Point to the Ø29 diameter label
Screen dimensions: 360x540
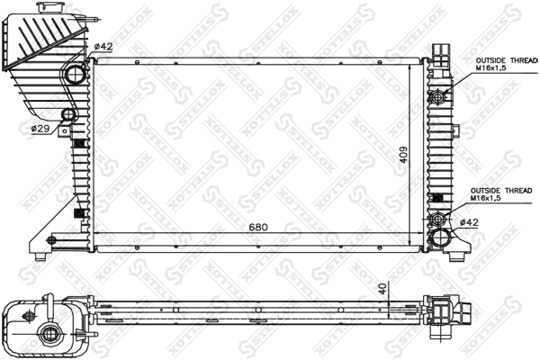click(40, 129)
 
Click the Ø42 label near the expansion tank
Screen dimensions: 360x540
click(103, 46)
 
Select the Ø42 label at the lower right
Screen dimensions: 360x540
click(469, 222)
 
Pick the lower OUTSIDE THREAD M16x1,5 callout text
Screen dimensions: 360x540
click(503, 194)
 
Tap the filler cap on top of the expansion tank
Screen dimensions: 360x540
click(45, 7)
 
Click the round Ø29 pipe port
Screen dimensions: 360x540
click(67, 115)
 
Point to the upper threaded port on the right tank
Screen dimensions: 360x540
click(438, 96)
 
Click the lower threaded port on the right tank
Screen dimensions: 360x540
click(438, 219)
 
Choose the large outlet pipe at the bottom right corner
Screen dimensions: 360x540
click(443, 238)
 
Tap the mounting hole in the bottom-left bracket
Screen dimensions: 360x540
click(50, 239)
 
